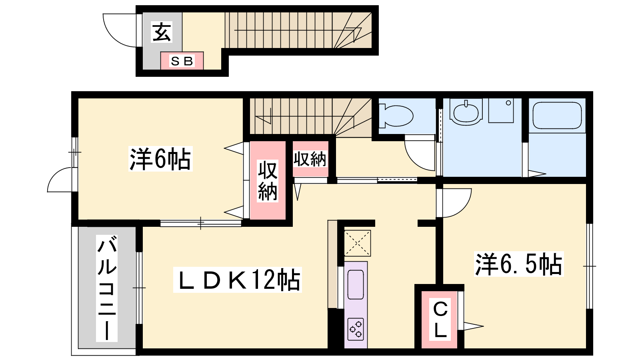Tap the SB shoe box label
182,61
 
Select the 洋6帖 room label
160,159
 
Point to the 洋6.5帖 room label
518,264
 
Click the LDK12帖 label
238,280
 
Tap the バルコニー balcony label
106,288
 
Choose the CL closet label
440,320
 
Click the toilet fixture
396,116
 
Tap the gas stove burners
356,329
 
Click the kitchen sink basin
356,284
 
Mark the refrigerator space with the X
358,243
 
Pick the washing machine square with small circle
501,110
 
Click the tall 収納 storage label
268,181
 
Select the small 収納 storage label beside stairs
310,159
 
